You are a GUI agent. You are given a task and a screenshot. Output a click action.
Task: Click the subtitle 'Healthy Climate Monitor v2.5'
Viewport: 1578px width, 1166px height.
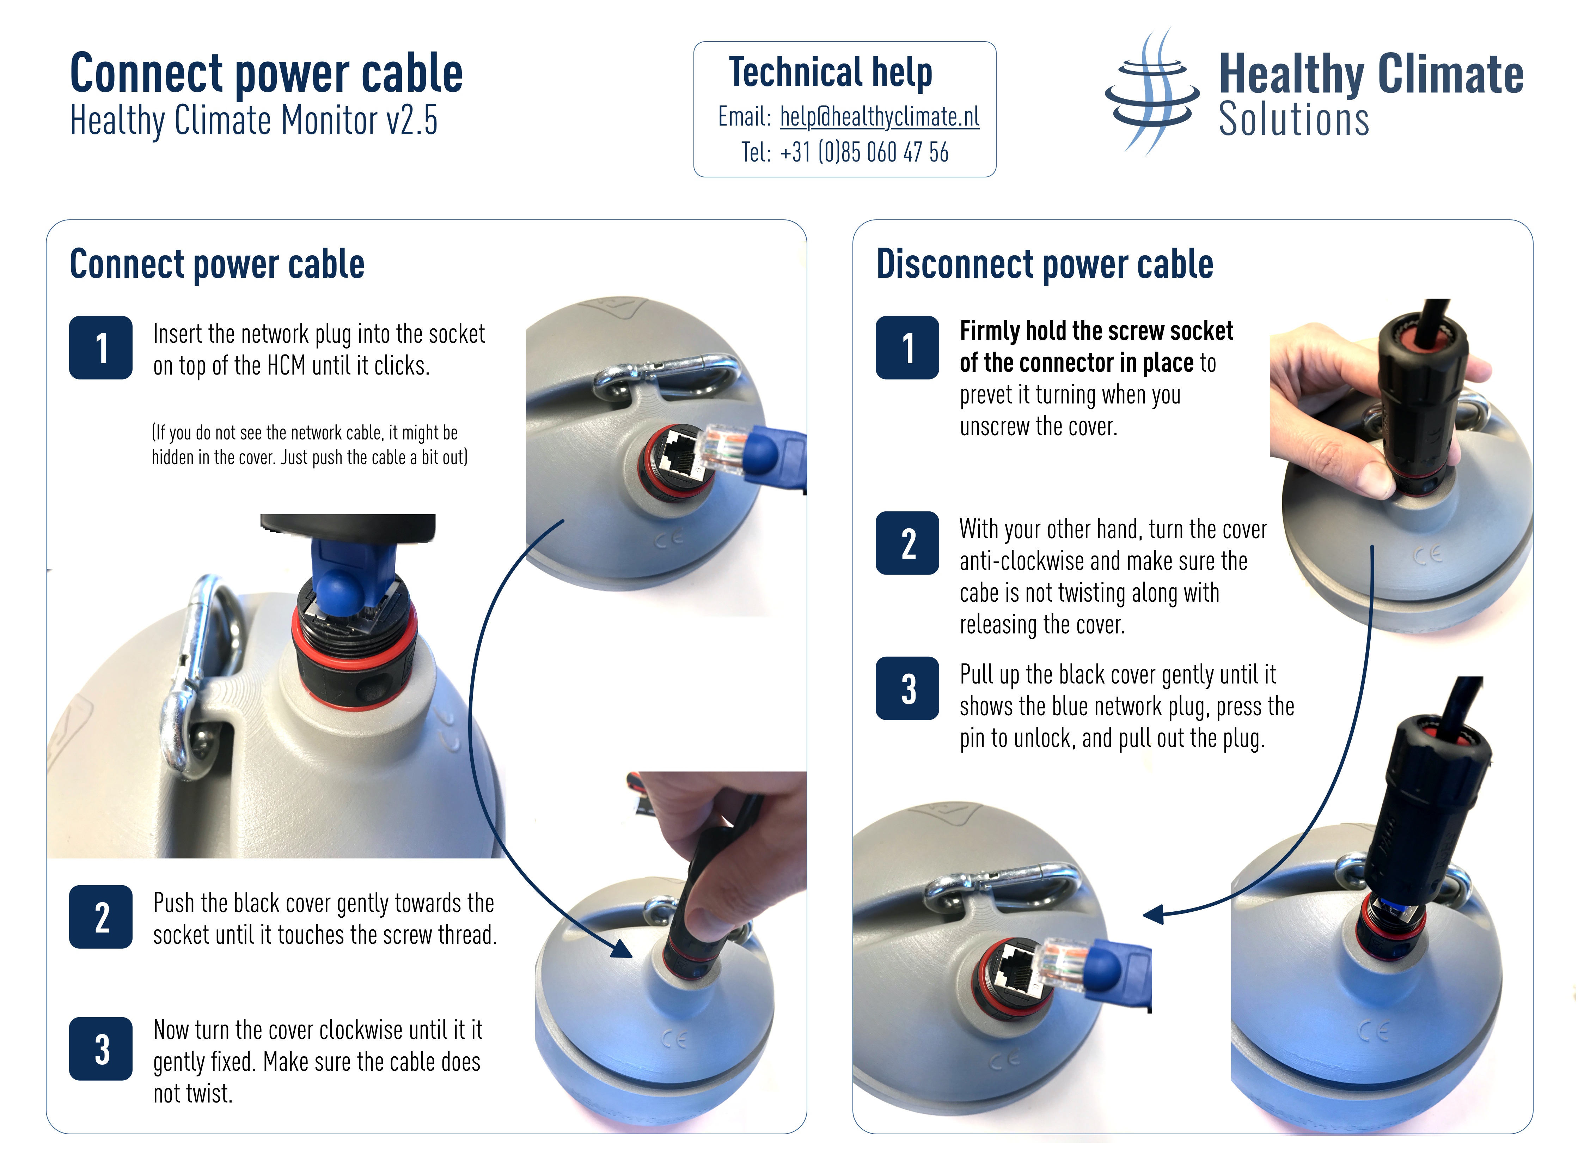[x=254, y=121]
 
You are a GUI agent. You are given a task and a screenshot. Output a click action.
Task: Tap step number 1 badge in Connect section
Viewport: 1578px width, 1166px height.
[x=101, y=348]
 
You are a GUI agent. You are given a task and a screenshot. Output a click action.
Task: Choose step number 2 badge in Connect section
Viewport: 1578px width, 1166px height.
[x=101, y=917]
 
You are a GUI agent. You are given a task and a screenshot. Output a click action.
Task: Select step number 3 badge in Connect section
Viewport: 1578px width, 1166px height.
[x=101, y=1049]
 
